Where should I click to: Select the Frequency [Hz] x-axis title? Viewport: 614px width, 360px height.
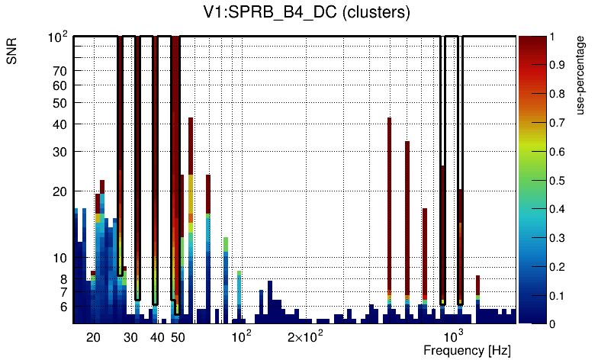(x=466, y=350)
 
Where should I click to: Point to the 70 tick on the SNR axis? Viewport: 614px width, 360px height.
(x=60, y=71)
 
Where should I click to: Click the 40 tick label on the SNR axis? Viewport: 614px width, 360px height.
(x=60, y=124)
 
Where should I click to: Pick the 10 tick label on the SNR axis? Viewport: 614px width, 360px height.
(x=60, y=258)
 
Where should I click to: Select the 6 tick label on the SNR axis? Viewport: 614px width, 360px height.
(x=63, y=307)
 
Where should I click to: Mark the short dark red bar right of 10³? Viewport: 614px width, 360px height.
(x=477, y=285)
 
